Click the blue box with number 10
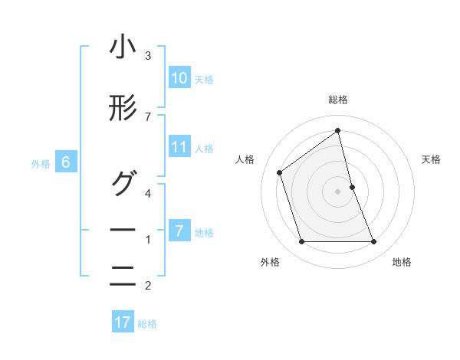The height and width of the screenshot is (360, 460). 179,77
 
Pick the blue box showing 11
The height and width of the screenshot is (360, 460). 179,147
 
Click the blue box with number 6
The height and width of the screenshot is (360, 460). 66,162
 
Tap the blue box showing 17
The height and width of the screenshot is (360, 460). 123,322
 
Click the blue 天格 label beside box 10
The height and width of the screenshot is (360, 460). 204,79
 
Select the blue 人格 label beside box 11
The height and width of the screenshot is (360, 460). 204,149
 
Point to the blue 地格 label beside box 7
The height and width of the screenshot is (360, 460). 204,233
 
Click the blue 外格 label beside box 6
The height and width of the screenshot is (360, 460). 41,163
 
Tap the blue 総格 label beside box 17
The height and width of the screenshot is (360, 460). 147,324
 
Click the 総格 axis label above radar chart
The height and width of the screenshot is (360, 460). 338,100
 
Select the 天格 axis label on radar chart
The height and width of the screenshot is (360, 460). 432,159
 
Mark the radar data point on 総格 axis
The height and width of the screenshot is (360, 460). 338,130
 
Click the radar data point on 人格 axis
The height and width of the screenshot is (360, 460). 280,172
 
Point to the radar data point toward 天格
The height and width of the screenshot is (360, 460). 352,187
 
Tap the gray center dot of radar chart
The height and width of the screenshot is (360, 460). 338,191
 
